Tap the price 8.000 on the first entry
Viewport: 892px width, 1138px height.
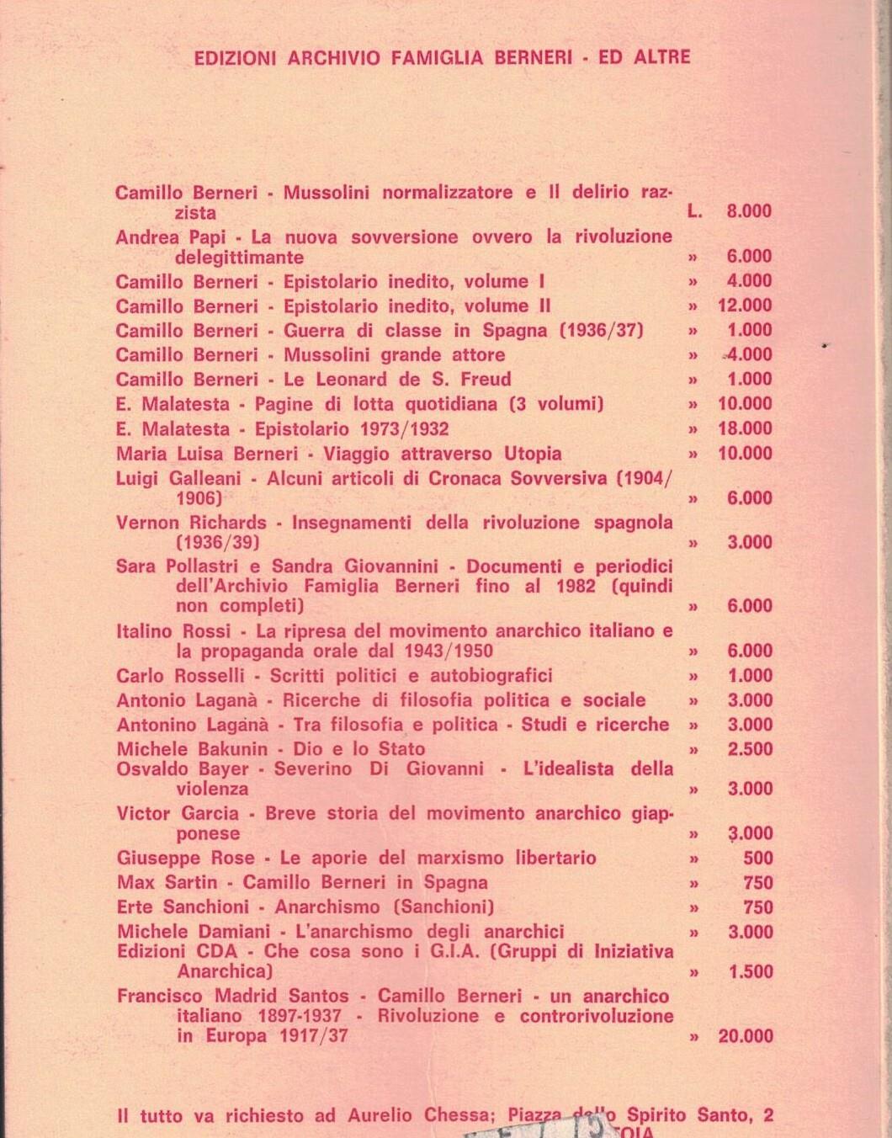coord(749,212)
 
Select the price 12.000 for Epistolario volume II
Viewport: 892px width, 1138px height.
coord(745,306)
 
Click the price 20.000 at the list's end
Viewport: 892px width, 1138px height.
coord(745,1037)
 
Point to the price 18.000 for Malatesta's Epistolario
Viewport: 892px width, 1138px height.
coord(745,428)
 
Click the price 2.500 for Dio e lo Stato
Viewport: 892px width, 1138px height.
coord(749,749)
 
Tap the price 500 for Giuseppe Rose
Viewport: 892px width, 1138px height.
coord(758,859)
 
